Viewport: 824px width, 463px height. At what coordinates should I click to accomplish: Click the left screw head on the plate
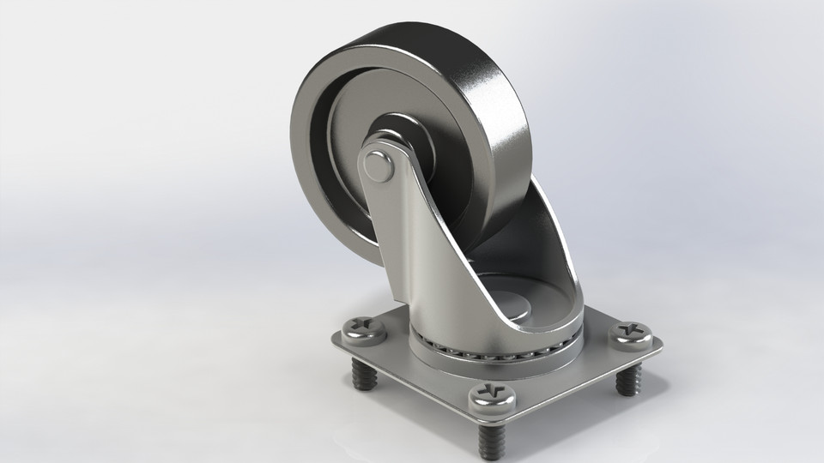click(364, 329)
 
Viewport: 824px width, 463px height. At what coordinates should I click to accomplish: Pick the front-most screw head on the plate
click(492, 396)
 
